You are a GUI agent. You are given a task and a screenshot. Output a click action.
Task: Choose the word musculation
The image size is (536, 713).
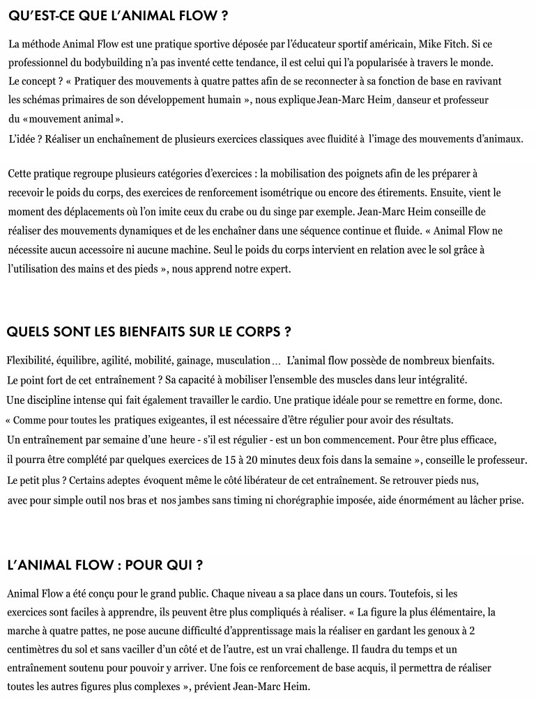tap(243, 360)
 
